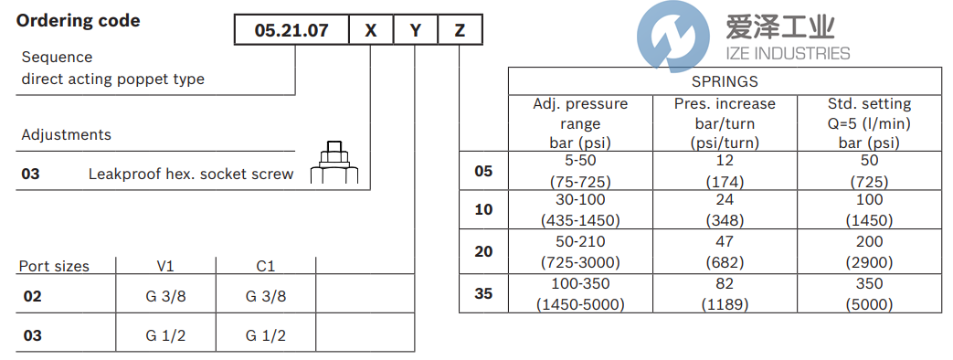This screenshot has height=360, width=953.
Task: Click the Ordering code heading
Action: (x=79, y=20)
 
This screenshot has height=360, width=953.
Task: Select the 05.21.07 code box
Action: (x=291, y=31)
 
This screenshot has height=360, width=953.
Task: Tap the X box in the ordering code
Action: (x=370, y=31)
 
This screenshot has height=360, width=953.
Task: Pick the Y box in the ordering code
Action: (x=416, y=31)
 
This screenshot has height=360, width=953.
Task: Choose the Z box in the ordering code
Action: (x=460, y=31)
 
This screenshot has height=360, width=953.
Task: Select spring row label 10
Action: (x=484, y=209)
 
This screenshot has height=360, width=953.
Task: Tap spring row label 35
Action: (x=484, y=293)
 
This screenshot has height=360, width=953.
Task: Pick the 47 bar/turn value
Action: (x=725, y=241)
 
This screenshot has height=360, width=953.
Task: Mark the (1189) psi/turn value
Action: (x=725, y=304)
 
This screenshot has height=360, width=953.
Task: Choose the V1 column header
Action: (x=165, y=266)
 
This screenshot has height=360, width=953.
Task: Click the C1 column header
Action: (x=265, y=266)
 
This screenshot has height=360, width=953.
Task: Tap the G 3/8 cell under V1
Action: (x=165, y=296)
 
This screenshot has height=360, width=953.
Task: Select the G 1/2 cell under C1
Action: (x=265, y=335)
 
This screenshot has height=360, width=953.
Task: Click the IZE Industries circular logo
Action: (x=666, y=38)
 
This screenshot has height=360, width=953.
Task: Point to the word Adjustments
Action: (x=67, y=134)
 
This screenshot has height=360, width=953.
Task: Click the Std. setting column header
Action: (x=868, y=122)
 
